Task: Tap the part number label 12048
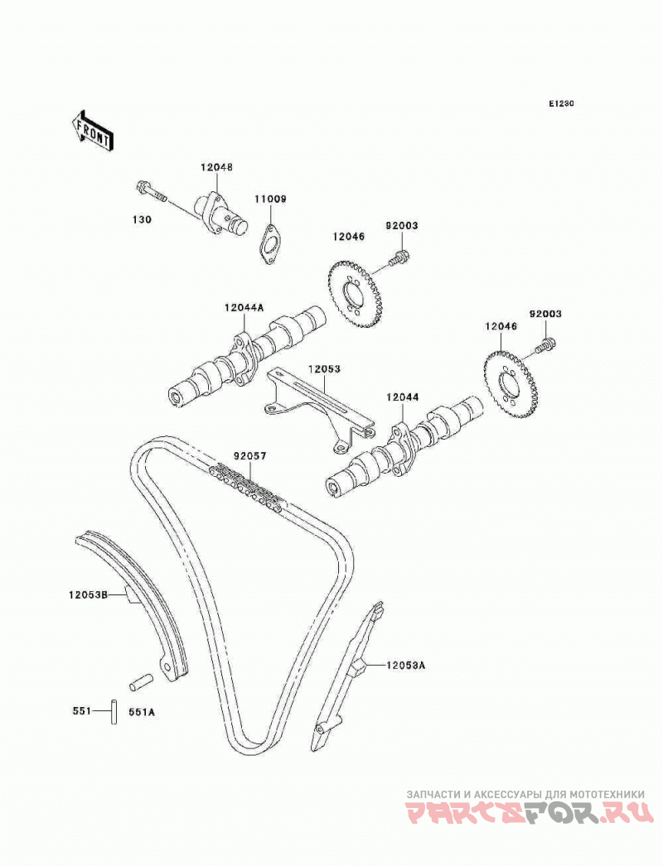pyautogui.click(x=216, y=166)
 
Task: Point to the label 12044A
pyautogui.click(x=244, y=308)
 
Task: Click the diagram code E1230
pyautogui.click(x=561, y=103)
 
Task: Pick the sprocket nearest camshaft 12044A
pyautogui.click(x=355, y=295)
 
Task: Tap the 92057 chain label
pyautogui.click(x=249, y=456)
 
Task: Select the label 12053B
pyautogui.click(x=88, y=594)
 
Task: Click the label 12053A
pyautogui.click(x=406, y=666)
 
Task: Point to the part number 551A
pyautogui.click(x=142, y=712)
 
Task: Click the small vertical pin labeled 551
pyautogui.click(x=114, y=712)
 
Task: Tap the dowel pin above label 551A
pyautogui.click(x=141, y=680)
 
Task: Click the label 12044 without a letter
pyautogui.click(x=403, y=397)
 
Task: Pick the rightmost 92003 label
pyautogui.click(x=545, y=314)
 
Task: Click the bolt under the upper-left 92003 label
pyautogui.click(x=399, y=258)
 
